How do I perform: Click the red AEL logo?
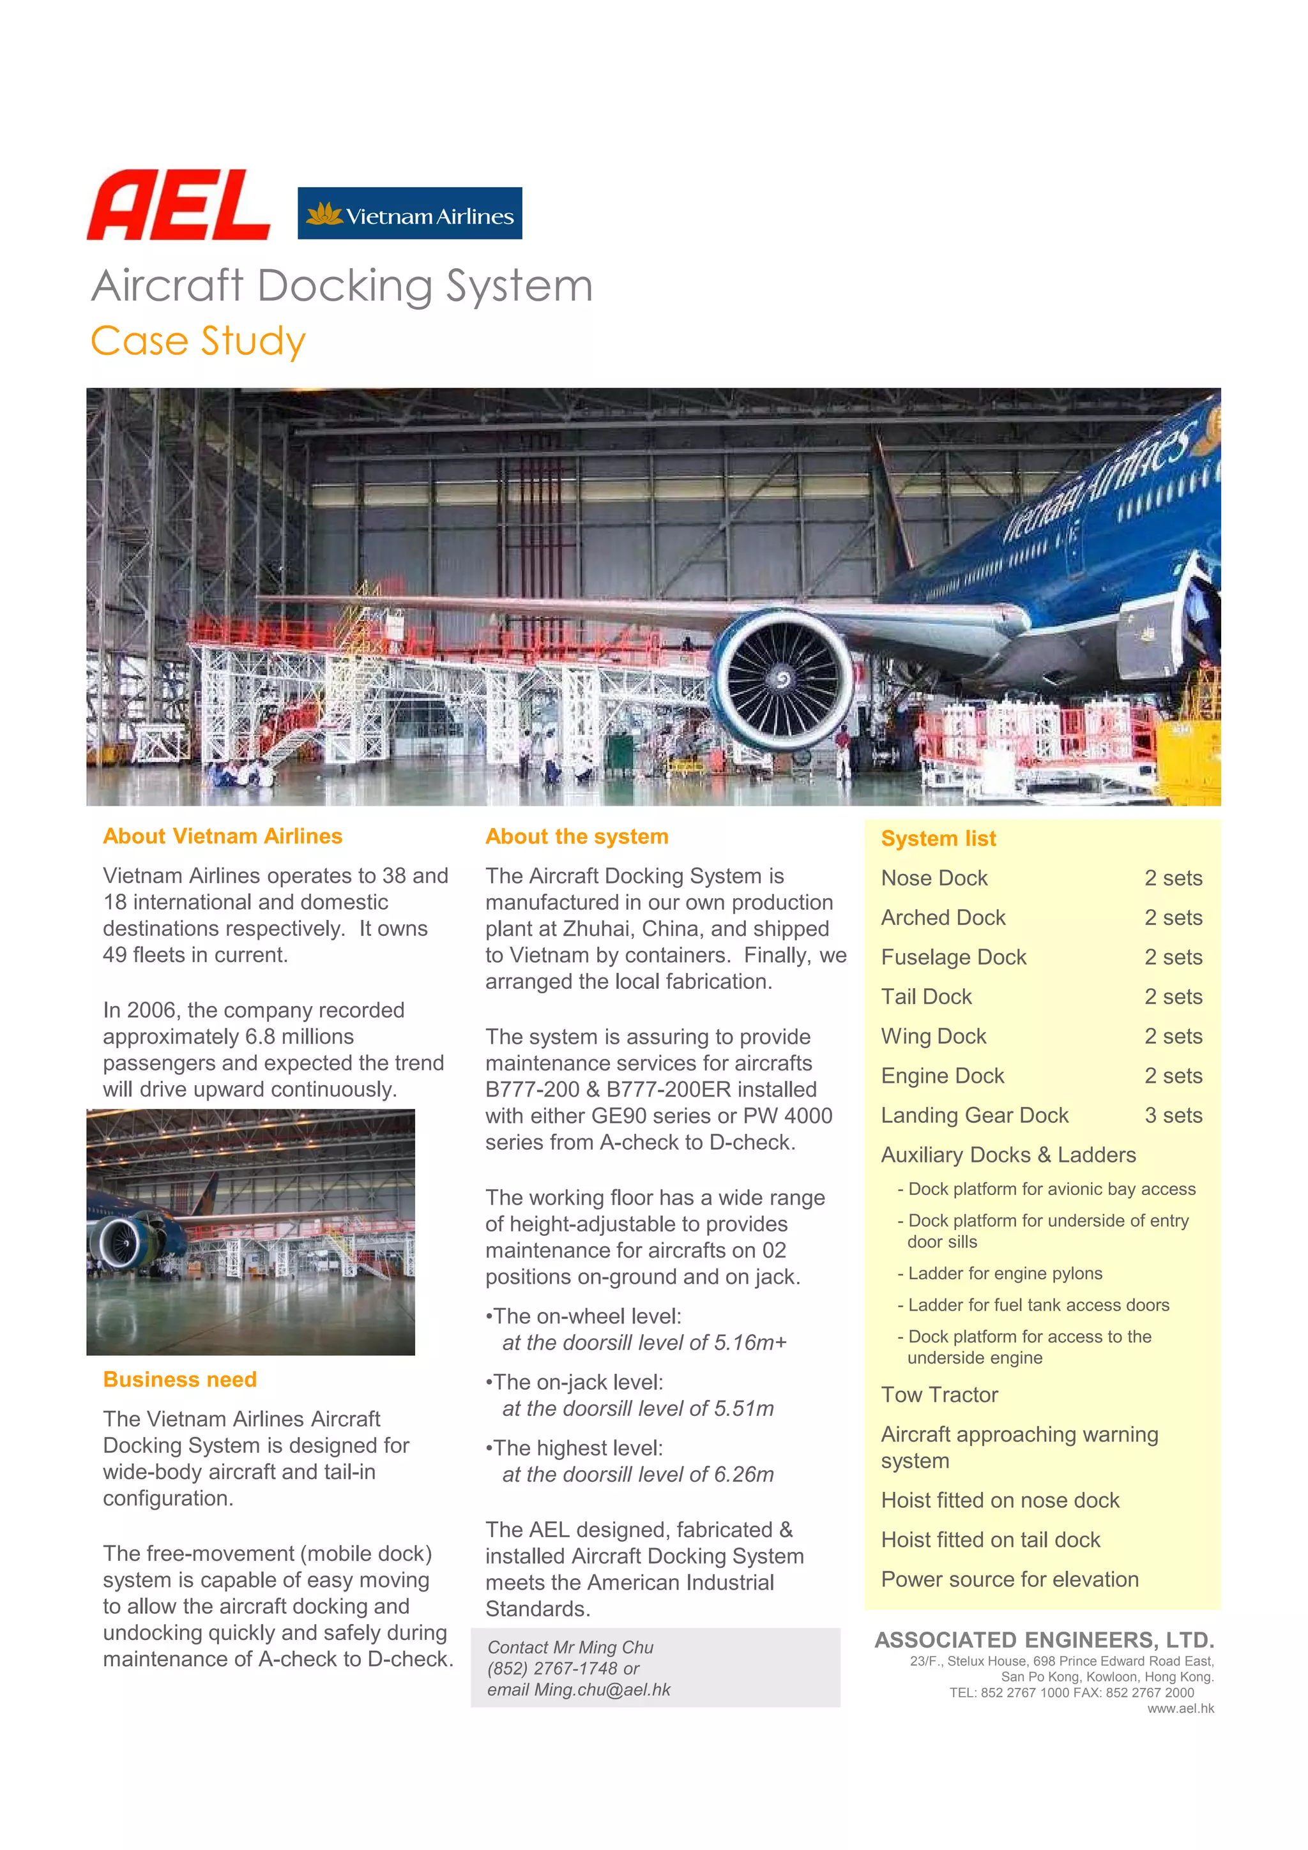(178, 206)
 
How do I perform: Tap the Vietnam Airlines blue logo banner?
(409, 213)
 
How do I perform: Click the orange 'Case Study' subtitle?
(197, 341)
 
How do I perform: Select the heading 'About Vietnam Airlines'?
(222, 836)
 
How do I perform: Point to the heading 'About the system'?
(576, 836)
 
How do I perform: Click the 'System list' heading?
(938, 839)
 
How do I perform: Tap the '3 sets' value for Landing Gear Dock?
(1173, 1115)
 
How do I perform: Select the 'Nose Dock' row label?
(934, 878)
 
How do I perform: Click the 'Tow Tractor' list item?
(939, 1395)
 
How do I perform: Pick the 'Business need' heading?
(179, 1380)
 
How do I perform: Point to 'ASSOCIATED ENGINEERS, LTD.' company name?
(1044, 1640)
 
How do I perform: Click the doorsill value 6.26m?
(743, 1475)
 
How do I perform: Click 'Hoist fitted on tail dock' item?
(990, 1540)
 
